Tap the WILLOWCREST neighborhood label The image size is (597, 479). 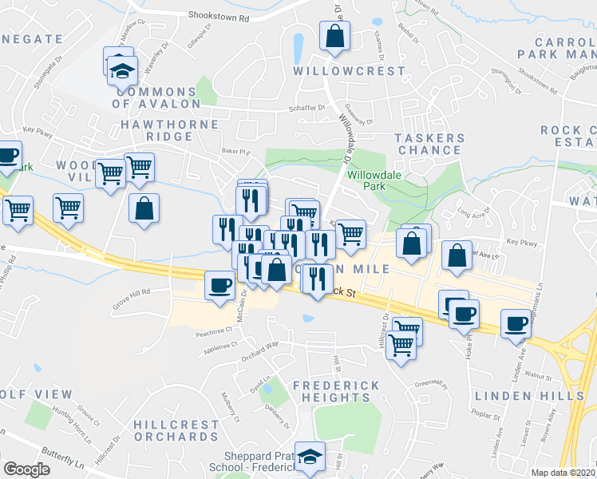[338, 70]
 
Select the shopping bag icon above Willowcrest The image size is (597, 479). [334, 36]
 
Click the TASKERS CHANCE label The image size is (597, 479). [429, 144]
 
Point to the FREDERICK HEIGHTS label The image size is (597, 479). [335, 391]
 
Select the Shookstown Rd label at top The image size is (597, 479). [219, 15]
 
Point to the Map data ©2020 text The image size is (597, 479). [563, 473]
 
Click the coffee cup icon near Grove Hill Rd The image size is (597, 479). [219, 285]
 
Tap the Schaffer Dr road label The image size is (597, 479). [310, 108]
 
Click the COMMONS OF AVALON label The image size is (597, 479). [156, 97]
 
